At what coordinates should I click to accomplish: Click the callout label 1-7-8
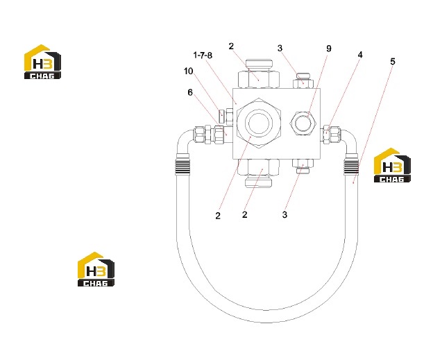tap(203, 55)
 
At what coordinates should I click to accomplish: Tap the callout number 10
tap(189, 71)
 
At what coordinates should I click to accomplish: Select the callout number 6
tap(190, 92)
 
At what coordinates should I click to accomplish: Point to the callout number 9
tap(329, 49)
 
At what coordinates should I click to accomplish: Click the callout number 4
tap(360, 55)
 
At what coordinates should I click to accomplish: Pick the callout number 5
tap(393, 62)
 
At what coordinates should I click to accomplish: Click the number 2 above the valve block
tap(231, 46)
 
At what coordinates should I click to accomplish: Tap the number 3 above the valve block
tap(280, 49)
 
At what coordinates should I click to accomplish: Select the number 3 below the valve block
tap(285, 214)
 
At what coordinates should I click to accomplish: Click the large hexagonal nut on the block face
tap(259, 123)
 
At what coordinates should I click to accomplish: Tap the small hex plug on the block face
tap(303, 123)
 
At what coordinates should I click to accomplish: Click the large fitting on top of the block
tap(259, 74)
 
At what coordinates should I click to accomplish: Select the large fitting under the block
tap(258, 173)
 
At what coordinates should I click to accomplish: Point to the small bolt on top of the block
tap(303, 81)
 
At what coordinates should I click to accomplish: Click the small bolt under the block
tap(303, 166)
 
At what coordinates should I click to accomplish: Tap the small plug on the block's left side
tap(226, 117)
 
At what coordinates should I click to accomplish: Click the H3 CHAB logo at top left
tap(42, 62)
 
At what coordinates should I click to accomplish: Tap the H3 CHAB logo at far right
tap(392, 165)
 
